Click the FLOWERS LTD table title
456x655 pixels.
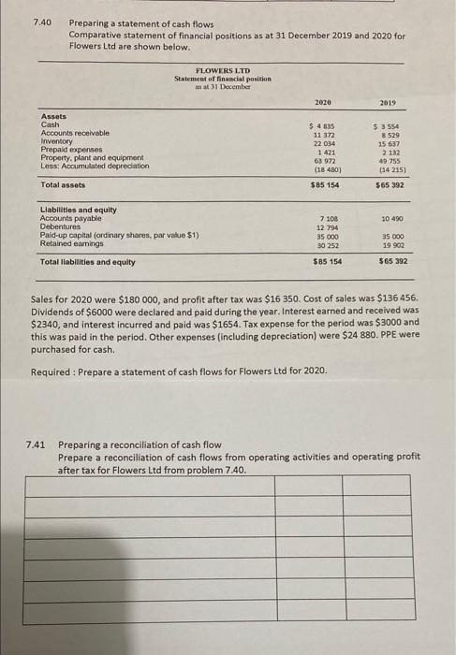[221, 70]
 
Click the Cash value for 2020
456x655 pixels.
[323, 125]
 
